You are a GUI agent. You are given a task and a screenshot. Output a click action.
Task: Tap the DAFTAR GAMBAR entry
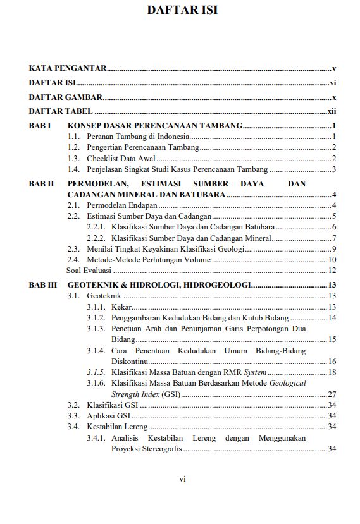[66, 97]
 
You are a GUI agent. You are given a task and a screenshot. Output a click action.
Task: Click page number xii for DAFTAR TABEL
[331, 112]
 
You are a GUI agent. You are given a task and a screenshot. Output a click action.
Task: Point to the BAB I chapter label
[40, 126]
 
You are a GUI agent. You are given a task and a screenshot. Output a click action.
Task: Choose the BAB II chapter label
[42, 184]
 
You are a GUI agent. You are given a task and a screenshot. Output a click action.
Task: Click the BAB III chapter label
[43, 285]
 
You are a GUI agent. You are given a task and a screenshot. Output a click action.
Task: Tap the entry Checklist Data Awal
[121, 159]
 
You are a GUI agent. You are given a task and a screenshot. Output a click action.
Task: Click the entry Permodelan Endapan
[122, 205]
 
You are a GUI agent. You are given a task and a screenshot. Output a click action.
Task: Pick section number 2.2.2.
[96, 238]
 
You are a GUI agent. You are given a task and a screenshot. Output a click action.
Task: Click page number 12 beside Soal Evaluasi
[332, 271]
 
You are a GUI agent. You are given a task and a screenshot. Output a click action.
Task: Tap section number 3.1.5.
[96, 372]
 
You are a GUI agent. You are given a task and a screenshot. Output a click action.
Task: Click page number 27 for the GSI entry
[332, 394]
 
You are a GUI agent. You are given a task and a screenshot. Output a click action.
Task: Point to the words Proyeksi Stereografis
[146, 449]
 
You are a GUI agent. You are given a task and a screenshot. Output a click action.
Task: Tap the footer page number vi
[182, 479]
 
